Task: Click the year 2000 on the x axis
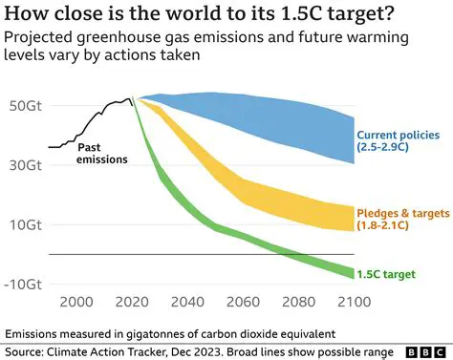click(77, 303)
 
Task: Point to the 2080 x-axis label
click(299, 303)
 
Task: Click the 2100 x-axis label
click(353, 303)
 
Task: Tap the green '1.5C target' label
click(387, 274)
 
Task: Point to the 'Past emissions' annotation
click(102, 153)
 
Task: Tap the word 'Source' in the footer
click(28, 350)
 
